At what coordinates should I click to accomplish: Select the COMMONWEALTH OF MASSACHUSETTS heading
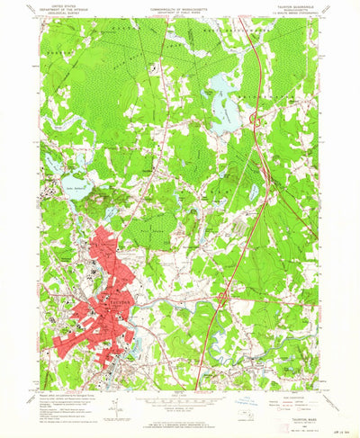pyautogui.click(x=180, y=4)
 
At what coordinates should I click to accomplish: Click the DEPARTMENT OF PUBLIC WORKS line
pyautogui.click(x=180, y=8)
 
